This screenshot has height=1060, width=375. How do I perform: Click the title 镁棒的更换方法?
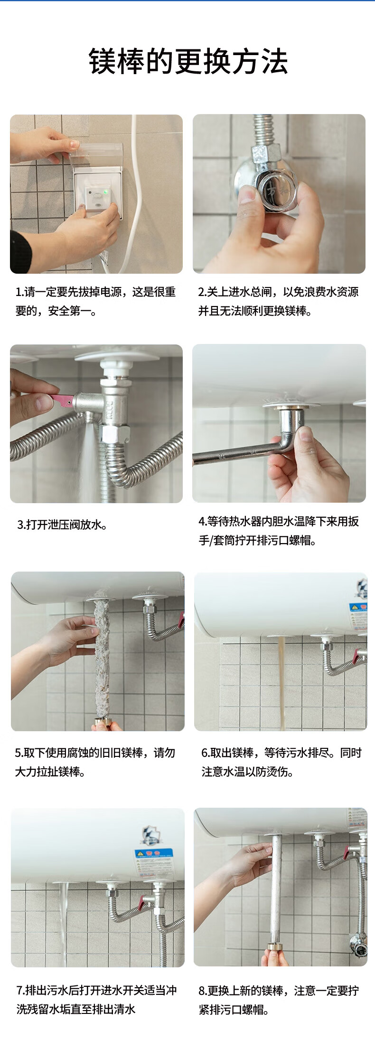click(x=188, y=62)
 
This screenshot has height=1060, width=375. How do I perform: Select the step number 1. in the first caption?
click(x=19, y=292)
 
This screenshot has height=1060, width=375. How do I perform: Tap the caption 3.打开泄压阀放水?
click(x=62, y=525)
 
